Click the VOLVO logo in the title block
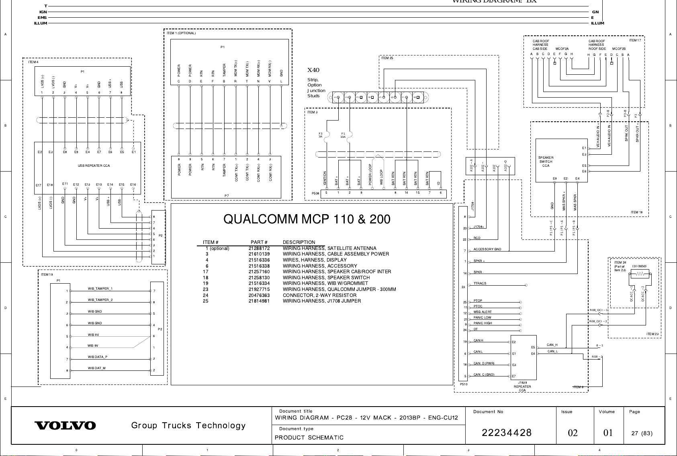click(x=65, y=425)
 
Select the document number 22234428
click(x=507, y=433)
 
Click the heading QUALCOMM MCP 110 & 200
click(x=307, y=219)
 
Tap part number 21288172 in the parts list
click(x=259, y=248)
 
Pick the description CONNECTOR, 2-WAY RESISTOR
click(x=319, y=295)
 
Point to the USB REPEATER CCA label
click(x=94, y=166)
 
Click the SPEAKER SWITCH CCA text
click(x=546, y=162)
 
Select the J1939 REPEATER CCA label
click(x=522, y=386)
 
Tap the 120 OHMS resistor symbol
click(x=639, y=274)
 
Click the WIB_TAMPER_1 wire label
click(x=100, y=289)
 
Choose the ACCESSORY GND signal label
click(x=487, y=249)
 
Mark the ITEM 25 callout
click(x=387, y=58)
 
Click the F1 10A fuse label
click(x=343, y=135)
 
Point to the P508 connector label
click(x=315, y=193)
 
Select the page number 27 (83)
click(x=642, y=433)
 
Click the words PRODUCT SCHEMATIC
click(x=309, y=438)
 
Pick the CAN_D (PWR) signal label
click(x=484, y=364)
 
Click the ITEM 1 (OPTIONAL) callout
click(x=181, y=33)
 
